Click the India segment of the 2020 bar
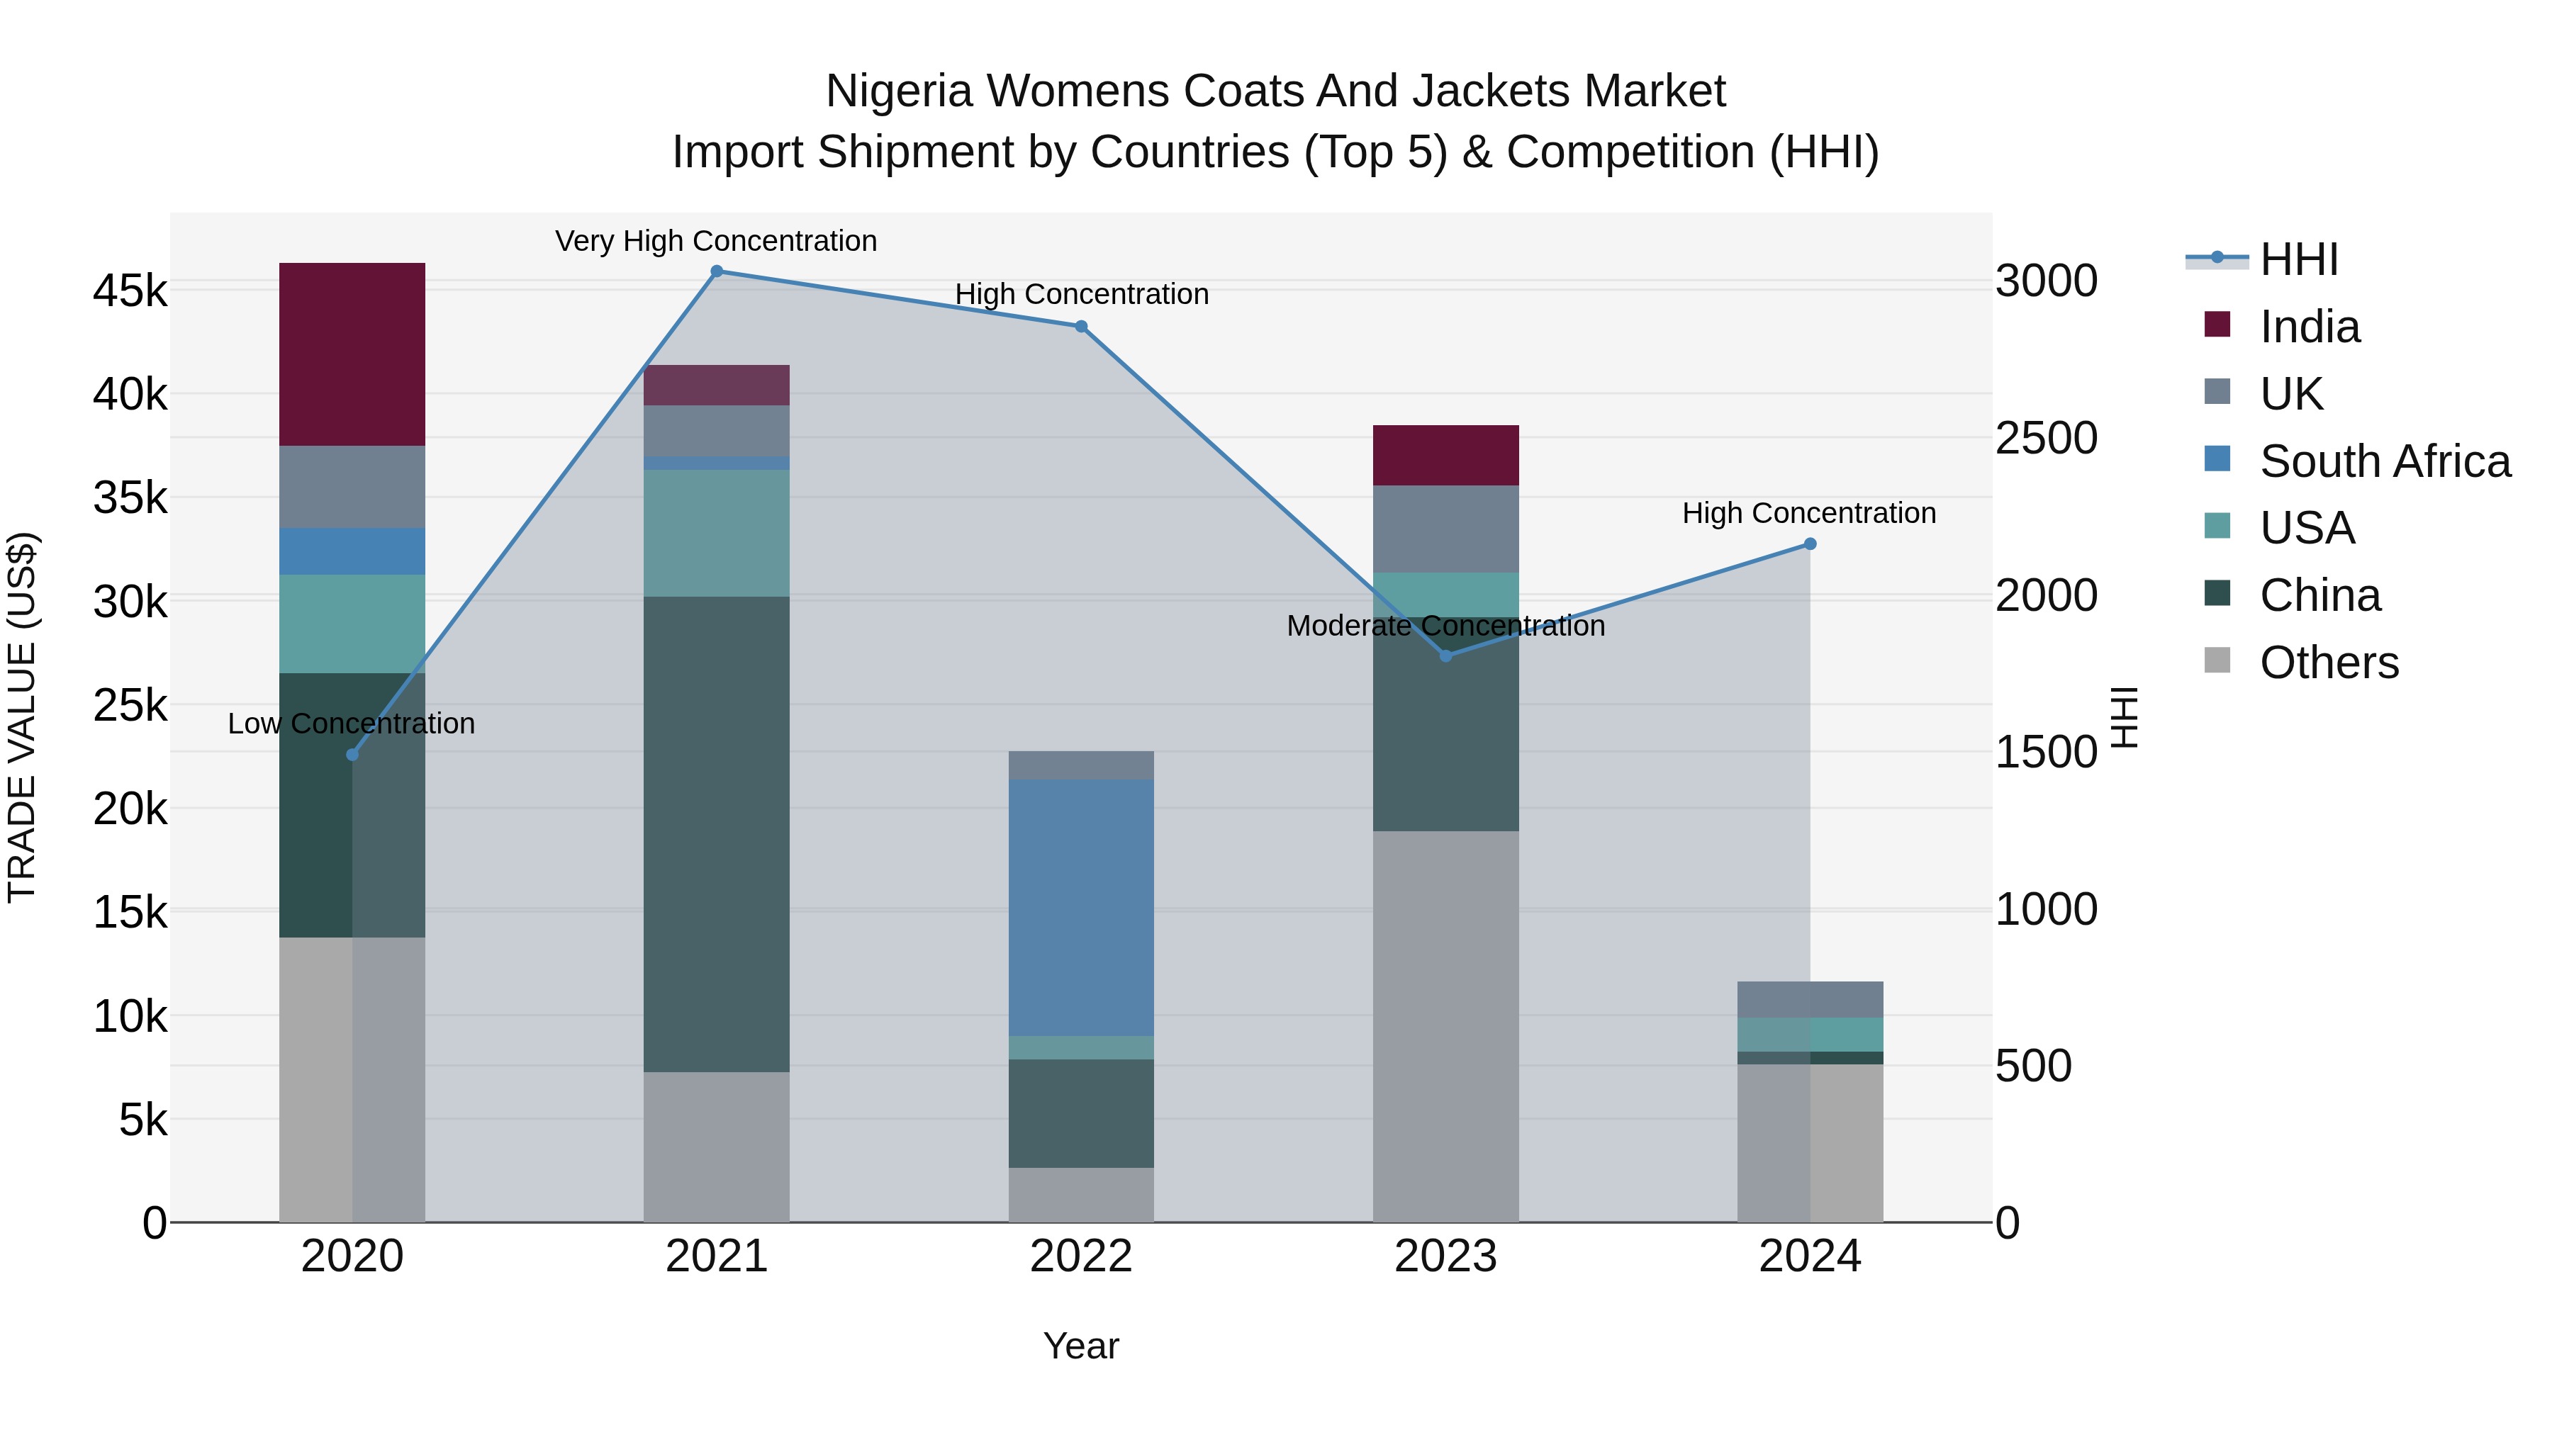(352, 354)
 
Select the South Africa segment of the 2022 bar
(1081, 906)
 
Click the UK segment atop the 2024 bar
(1810, 999)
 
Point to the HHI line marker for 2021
(716, 271)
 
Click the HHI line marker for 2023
(1445, 655)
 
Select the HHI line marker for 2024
(1810, 544)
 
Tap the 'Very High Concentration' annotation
(715, 241)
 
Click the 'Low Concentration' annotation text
(351, 724)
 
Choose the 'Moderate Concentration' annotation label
(1445, 626)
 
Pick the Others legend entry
(2328, 663)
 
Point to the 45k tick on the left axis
(130, 291)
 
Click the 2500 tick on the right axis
(2046, 438)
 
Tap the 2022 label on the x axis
(1081, 1256)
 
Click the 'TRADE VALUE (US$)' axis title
(22, 717)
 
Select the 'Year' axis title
(1081, 1346)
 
